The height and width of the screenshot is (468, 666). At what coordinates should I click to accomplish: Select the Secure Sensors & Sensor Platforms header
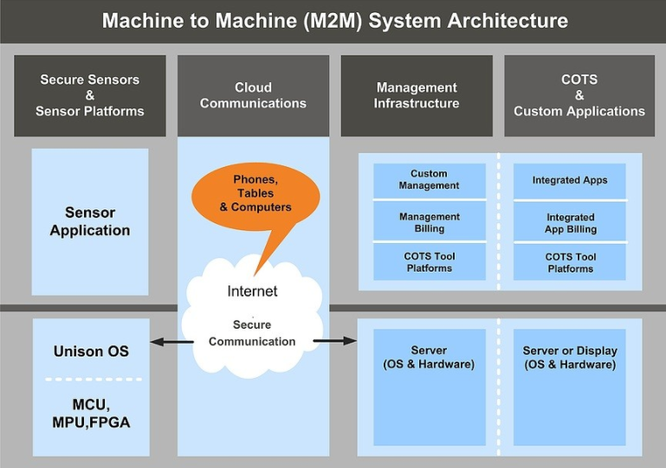90,96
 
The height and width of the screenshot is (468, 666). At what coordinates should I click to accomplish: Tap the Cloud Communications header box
253,96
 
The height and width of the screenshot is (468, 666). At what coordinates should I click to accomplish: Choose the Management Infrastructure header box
417,96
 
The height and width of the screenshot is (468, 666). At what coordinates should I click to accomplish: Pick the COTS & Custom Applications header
579,96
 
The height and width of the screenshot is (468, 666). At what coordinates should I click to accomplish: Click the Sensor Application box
90,221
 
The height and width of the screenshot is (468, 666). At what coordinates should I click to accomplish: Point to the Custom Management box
430,180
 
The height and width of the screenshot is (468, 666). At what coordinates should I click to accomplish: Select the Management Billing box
430,222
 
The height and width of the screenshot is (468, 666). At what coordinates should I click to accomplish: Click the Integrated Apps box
570,180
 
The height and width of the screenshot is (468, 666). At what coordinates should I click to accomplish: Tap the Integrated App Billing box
570,223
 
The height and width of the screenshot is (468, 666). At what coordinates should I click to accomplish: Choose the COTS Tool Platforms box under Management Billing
430,262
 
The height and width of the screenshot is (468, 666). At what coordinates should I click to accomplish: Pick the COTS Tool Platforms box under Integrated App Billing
570,262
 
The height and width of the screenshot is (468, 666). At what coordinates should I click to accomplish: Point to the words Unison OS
91,351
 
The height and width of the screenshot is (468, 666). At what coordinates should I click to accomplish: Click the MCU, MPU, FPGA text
90,414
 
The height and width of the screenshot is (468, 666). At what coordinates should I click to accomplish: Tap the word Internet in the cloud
252,292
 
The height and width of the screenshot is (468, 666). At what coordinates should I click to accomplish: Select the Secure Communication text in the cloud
252,333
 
